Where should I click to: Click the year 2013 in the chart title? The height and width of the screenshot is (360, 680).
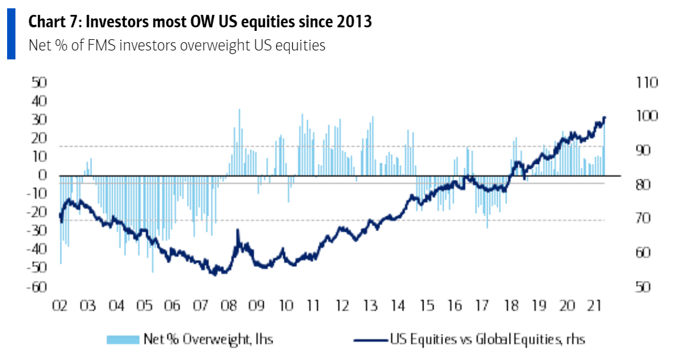(x=355, y=23)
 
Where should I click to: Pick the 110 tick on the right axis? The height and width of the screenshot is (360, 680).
(x=646, y=83)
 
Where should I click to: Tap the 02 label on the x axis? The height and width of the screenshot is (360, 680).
(x=59, y=307)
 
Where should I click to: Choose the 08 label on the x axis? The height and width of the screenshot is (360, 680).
(x=228, y=307)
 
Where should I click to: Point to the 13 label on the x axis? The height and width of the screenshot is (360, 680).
(x=371, y=307)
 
